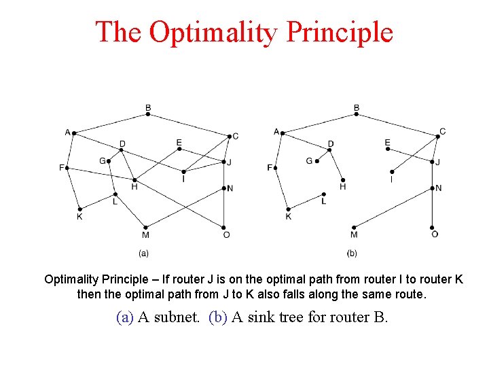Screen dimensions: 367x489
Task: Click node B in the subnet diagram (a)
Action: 148,114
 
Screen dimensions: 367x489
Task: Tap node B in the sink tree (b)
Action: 357,114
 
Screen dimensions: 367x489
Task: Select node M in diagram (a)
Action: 145,227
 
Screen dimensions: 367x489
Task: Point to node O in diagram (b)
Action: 433,227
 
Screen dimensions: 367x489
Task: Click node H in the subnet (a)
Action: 134,179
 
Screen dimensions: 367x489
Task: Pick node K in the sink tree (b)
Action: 289,209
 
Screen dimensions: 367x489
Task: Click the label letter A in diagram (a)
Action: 67,131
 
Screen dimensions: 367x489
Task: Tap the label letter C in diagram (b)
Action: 443,131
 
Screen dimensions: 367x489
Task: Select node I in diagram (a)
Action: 183,171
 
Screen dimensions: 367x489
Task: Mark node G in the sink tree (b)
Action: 316,162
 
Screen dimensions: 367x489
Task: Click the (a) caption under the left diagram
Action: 144,253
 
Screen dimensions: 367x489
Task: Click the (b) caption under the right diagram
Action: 352,253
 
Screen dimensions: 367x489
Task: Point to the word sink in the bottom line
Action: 260,317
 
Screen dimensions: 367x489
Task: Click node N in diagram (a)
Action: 224,188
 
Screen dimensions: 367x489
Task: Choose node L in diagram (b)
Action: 324,194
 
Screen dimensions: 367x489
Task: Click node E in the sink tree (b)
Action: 388,150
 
